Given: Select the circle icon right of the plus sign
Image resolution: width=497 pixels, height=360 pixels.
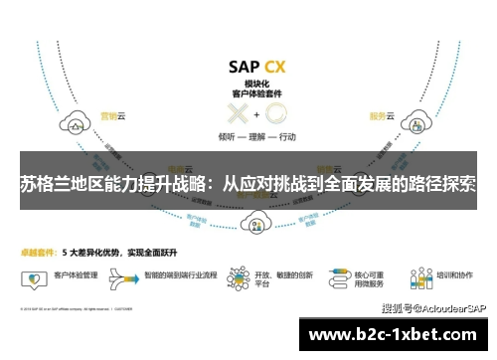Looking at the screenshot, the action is tap(273, 113).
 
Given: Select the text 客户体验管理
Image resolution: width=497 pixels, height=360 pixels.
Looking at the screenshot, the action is tap(73, 271).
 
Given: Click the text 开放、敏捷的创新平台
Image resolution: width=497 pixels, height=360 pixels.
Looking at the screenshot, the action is tap(276, 276).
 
